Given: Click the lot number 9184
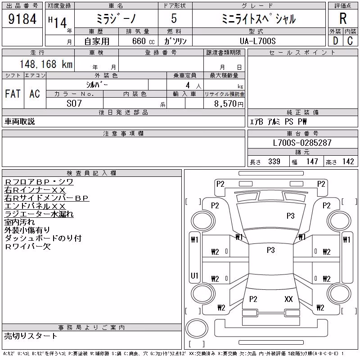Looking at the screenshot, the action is coord(22,19).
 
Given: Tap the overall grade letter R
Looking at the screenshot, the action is coord(343,18).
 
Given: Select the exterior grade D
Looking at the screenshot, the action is coord(335,41).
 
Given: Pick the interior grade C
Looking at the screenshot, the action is coord(350,41).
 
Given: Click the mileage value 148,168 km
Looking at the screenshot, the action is coord(46,64).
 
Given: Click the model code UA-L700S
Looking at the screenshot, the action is coord(257,41).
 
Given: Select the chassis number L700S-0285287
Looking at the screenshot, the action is coord(302,143).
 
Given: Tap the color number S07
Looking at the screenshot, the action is coord(74,103).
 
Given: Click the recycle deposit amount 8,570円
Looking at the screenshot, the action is coord(229,104).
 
